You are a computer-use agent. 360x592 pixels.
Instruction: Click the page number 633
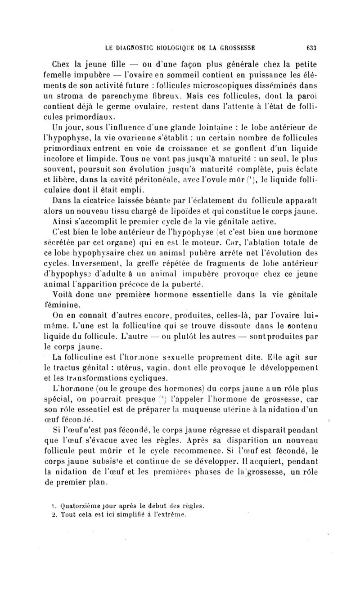coord(311,46)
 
